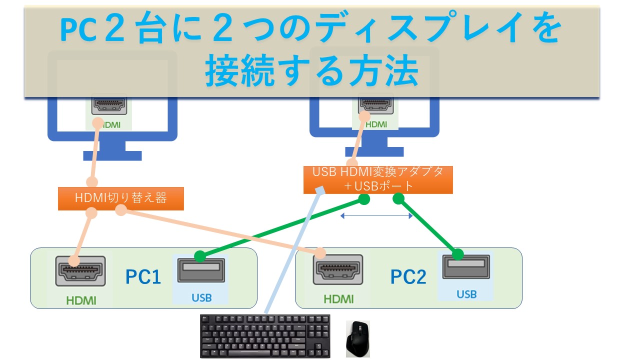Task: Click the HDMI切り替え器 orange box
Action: click(x=120, y=198)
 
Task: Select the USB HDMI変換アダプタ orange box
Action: click(x=378, y=179)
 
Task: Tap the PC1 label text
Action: click(x=143, y=276)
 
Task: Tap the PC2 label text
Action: click(x=408, y=276)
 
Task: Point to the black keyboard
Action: click(x=265, y=336)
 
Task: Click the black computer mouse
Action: click(x=358, y=338)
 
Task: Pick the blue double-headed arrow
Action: click(x=376, y=216)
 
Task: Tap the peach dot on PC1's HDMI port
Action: click(x=74, y=260)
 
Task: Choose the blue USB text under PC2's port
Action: click(x=466, y=294)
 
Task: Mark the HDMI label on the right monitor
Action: click(x=376, y=124)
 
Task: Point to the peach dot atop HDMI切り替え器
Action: click(x=91, y=182)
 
